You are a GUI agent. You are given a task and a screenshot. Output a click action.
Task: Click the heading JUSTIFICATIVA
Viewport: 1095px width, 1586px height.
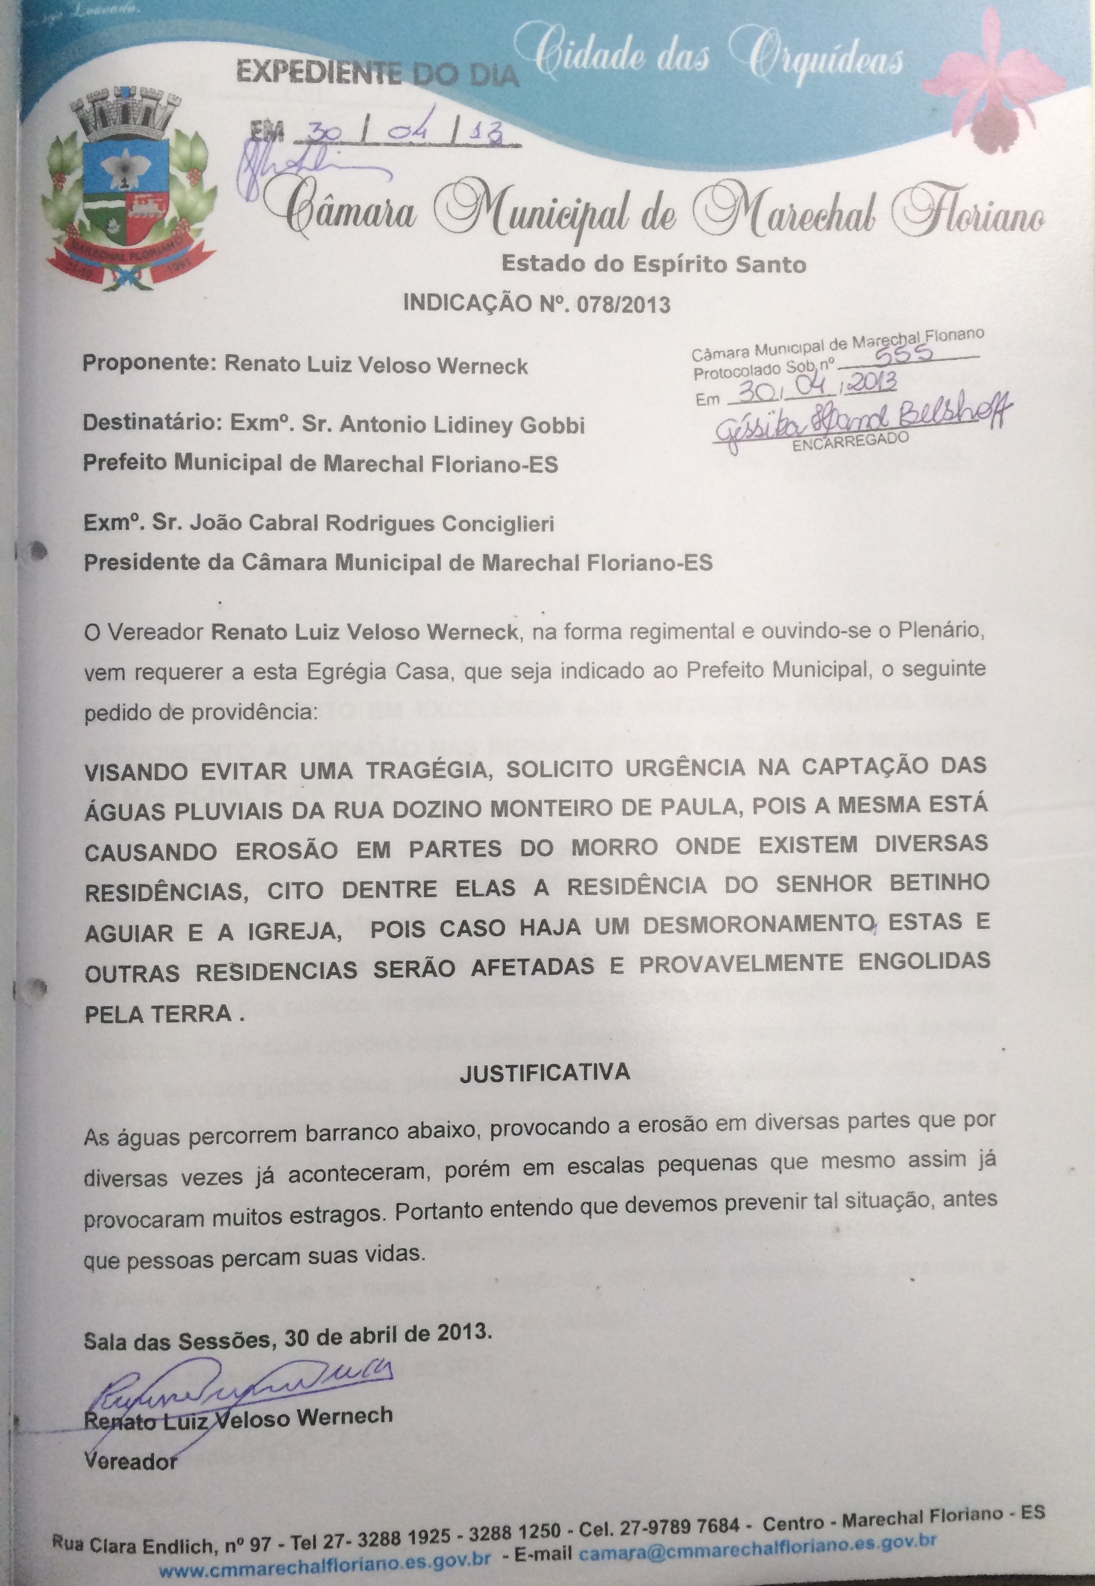(x=544, y=1073)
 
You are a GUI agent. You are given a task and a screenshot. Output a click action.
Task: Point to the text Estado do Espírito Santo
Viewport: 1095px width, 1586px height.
(x=653, y=264)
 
